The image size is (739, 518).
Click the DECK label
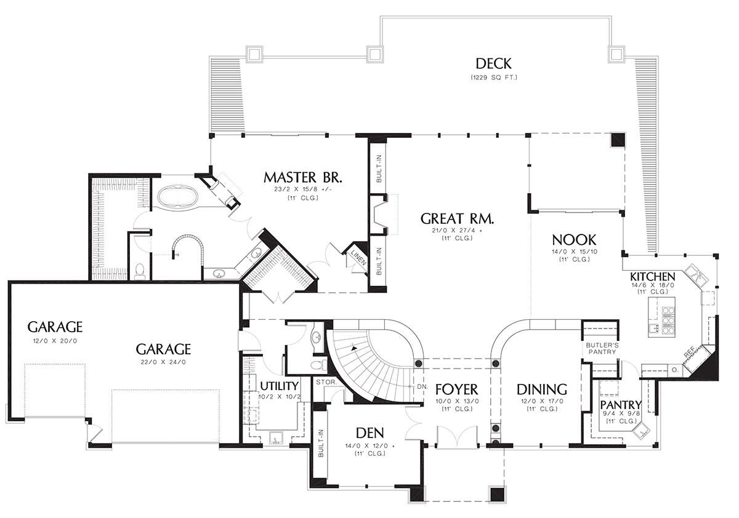pyautogui.click(x=493, y=63)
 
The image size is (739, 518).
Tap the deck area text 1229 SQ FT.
pyautogui.click(x=493, y=78)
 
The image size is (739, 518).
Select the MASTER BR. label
pyautogui.click(x=303, y=178)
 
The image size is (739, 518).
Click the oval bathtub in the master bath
pyautogui.click(x=178, y=196)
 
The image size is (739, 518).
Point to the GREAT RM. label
pyautogui.click(x=457, y=219)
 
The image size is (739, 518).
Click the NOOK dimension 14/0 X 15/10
pyautogui.click(x=575, y=252)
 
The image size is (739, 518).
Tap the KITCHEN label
pyautogui.click(x=653, y=276)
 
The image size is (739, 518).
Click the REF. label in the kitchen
pyautogui.click(x=689, y=352)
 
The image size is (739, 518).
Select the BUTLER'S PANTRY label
pyautogui.click(x=602, y=348)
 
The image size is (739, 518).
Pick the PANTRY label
pyautogui.click(x=621, y=404)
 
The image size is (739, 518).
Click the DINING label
pyautogui.click(x=542, y=389)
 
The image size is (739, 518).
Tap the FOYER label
pyautogui.click(x=456, y=389)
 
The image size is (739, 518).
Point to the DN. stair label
pyautogui.click(x=422, y=387)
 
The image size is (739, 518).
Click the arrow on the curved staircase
pyautogui.click(x=354, y=348)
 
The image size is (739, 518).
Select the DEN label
pyautogui.click(x=370, y=433)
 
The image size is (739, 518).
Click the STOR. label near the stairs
pyautogui.click(x=326, y=382)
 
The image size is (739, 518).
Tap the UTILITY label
pyautogui.click(x=280, y=386)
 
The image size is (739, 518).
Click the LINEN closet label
pyautogui.click(x=358, y=257)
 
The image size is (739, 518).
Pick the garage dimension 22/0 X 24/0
pyautogui.click(x=163, y=362)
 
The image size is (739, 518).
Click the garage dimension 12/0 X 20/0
pyautogui.click(x=55, y=341)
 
